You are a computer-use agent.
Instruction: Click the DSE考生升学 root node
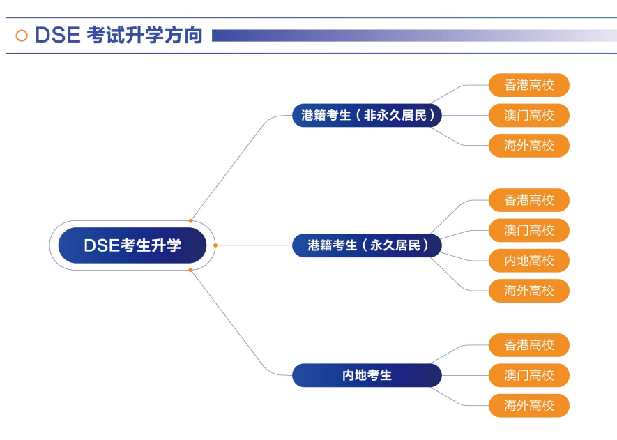(132, 245)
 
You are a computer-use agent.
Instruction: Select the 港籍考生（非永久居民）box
(367, 115)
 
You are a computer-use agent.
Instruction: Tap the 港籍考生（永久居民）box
(367, 245)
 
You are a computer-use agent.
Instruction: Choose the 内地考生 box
(367, 375)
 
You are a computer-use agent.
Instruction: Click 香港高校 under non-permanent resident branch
(529, 85)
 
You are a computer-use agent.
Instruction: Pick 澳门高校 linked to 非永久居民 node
(529, 115)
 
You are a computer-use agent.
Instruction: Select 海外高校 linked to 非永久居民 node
(529, 146)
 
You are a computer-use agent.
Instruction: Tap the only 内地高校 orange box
(529, 261)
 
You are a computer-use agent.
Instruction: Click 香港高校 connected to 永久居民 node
(529, 200)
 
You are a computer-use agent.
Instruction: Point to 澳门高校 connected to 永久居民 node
(529, 230)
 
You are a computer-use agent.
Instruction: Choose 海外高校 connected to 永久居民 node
(529, 291)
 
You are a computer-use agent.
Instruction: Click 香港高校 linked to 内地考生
(529, 345)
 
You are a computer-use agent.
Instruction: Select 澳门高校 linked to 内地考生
(529, 375)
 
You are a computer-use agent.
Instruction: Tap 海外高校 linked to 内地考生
(529, 405)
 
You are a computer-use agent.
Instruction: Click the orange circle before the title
(22, 36)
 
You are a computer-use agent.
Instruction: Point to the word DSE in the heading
(58, 35)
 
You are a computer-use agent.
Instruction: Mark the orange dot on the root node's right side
(215, 245)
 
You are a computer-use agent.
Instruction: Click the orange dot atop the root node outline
(190, 221)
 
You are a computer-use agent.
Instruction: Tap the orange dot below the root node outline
(190, 270)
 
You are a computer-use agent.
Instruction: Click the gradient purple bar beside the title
(414, 36)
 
